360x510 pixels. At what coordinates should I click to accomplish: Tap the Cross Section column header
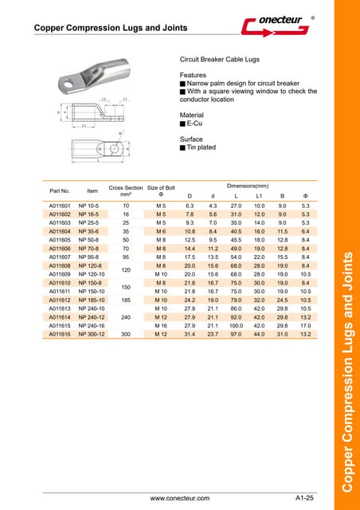(126, 190)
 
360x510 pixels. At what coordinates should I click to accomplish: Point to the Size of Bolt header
(162, 190)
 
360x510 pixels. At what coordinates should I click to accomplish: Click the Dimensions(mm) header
(248, 185)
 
